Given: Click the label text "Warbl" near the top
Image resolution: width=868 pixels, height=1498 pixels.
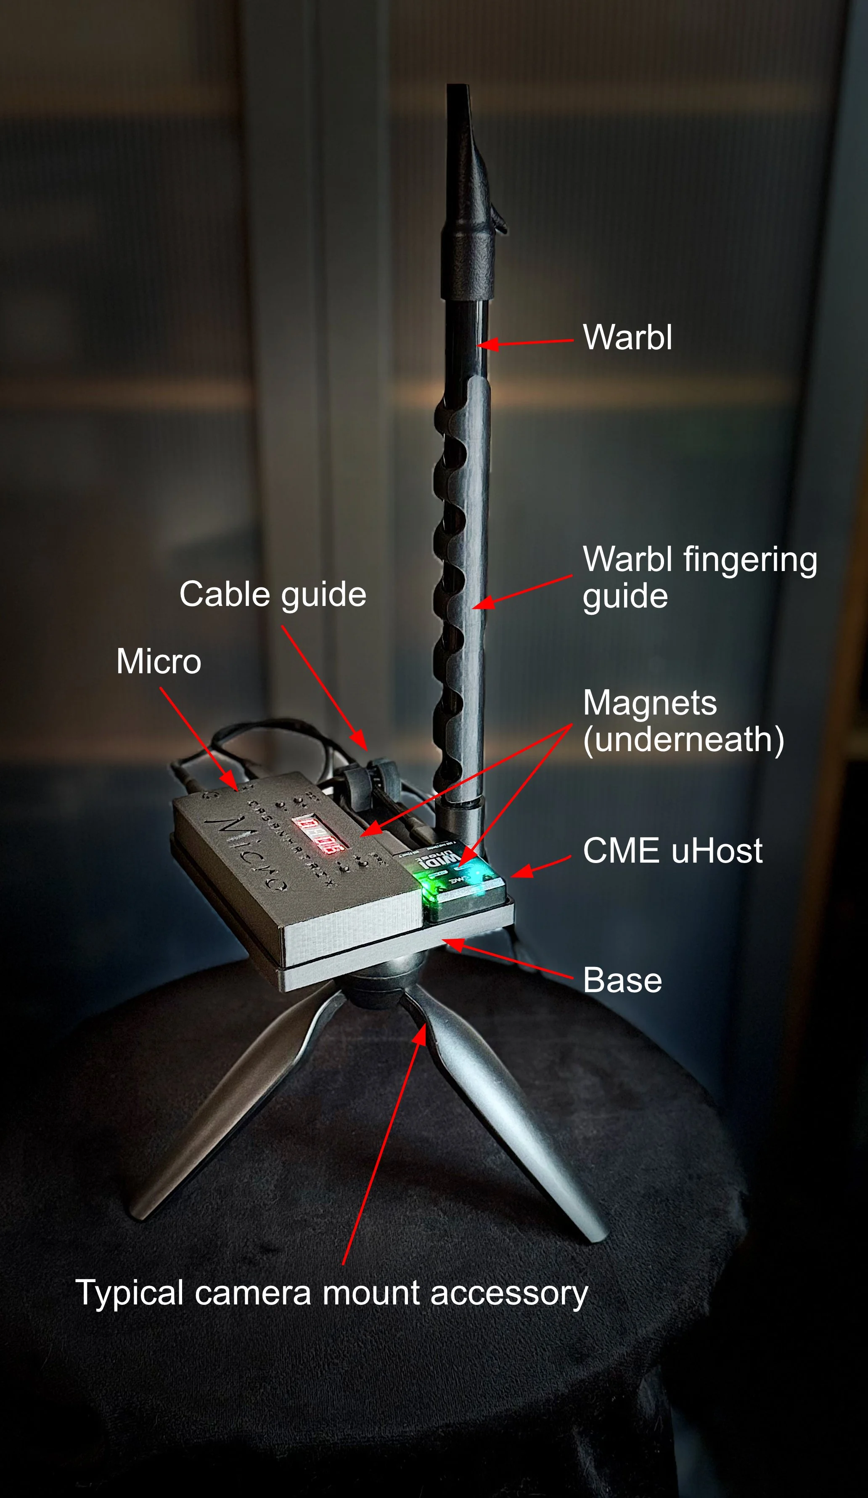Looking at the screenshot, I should [x=627, y=337].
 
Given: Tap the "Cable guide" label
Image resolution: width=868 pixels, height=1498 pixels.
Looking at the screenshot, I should [x=273, y=595].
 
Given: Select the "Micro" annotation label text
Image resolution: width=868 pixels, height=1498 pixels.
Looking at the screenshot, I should [x=159, y=661].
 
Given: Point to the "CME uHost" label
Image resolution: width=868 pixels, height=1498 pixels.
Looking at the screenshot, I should [x=672, y=851].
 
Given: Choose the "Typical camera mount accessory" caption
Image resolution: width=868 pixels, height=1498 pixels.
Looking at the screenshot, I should [x=331, y=1293].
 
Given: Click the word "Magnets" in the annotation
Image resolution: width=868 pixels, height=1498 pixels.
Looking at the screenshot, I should [x=650, y=703].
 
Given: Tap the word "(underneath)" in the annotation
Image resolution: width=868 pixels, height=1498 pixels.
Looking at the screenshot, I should [x=683, y=739].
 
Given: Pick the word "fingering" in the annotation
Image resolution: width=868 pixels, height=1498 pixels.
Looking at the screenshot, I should [x=750, y=560].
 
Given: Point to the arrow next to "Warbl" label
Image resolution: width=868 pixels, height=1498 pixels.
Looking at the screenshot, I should [x=526, y=343].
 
